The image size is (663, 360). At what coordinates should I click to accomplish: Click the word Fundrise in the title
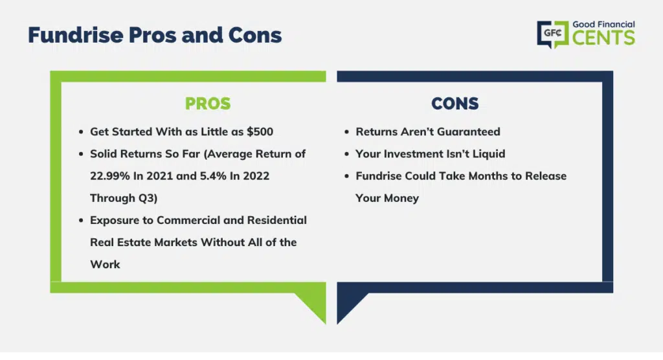(x=76, y=35)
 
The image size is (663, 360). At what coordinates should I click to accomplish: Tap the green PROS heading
(x=208, y=104)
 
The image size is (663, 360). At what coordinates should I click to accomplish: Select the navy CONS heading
(x=455, y=104)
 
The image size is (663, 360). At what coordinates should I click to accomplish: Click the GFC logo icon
(x=553, y=34)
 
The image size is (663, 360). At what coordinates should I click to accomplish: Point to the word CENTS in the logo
(x=604, y=38)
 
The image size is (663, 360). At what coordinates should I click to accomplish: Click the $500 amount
(x=260, y=131)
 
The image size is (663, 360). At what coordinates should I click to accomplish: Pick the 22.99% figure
(x=110, y=176)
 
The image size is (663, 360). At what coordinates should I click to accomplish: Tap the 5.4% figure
(x=213, y=176)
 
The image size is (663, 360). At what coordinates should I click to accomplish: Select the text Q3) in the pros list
(x=148, y=198)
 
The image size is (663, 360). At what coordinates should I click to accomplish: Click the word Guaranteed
(x=469, y=131)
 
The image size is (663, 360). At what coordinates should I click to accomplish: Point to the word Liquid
(x=489, y=153)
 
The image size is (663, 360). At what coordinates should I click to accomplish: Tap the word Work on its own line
(x=106, y=264)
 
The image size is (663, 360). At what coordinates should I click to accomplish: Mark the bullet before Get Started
(x=81, y=132)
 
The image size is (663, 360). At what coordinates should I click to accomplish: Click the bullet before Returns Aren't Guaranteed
(x=347, y=132)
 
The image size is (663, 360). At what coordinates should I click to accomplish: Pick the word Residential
(x=277, y=220)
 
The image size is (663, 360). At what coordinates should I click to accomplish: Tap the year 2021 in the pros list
(x=159, y=176)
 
